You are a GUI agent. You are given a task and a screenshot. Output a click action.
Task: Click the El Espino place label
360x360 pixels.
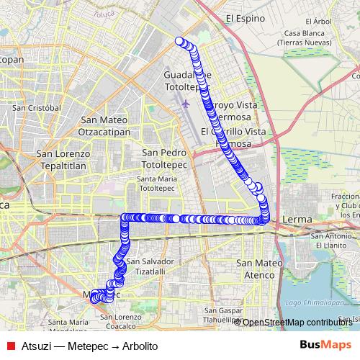[241, 19]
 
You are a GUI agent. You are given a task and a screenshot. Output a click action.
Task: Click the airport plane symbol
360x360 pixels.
[186, 104]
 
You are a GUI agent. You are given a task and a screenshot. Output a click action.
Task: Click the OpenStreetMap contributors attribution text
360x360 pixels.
[297, 323]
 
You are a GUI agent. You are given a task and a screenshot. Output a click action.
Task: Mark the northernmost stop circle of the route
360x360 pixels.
[179, 41]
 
